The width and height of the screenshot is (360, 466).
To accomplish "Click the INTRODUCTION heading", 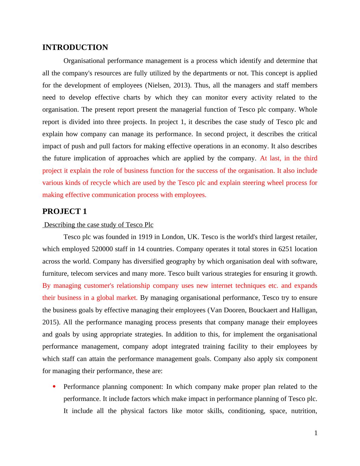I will pyautogui.click(x=75, y=48).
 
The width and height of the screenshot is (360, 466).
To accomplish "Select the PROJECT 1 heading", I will pyautogui.click(x=64, y=212).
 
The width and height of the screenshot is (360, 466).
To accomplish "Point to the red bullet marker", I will pyautogui.click(x=54, y=386).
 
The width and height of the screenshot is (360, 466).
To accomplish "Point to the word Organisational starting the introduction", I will pyautogui.click(x=84, y=61).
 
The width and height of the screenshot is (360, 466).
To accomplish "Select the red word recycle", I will pyautogui.click(x=110, y=183).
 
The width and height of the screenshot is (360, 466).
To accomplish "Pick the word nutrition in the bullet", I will pyautogui.click(x=305, y=411).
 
